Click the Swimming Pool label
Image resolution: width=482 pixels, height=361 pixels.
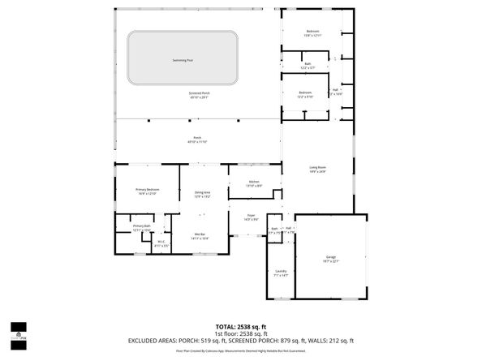click(x=183, y=60)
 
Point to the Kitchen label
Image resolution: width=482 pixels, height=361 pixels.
click(x=254, y=183)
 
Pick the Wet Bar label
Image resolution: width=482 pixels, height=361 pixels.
click(x=199, y=236)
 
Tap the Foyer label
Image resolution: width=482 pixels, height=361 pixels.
click(x=251, y=217)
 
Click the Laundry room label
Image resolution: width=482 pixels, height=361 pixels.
click(x=280, y=273)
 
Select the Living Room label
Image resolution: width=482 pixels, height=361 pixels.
click(x=316, y=169)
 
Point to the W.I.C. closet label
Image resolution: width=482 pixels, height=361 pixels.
click(x=161, y=242)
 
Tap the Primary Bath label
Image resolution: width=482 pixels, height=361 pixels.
click(x=142, y=228)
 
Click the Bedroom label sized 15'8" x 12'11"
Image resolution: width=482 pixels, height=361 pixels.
click(x=312, y=33)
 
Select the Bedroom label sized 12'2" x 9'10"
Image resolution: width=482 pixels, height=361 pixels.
click(x=305, y=94)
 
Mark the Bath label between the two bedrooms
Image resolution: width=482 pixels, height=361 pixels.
click(x=308, y=65)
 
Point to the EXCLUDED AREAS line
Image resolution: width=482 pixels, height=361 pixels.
click(x=240, y=340)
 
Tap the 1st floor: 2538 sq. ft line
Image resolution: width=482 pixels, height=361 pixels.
click(x=239, y=333)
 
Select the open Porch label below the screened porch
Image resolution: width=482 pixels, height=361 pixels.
click(x=197, y=140)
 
